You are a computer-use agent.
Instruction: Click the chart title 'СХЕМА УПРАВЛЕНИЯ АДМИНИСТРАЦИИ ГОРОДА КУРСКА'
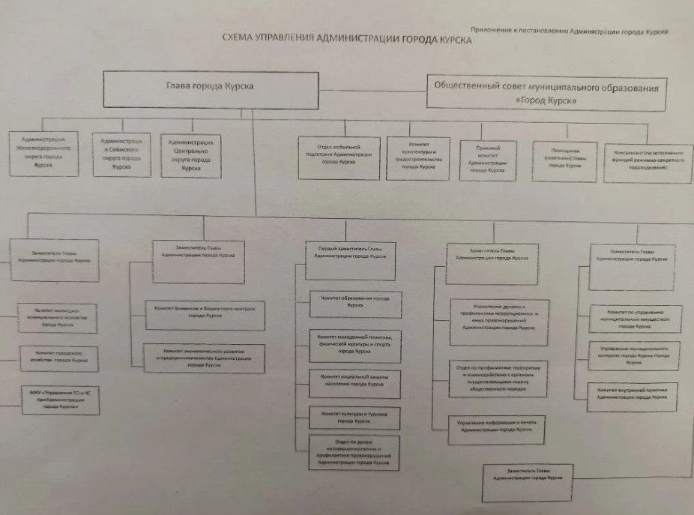347,40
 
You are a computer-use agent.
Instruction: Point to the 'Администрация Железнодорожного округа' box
43,154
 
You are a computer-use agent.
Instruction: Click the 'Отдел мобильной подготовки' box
340,157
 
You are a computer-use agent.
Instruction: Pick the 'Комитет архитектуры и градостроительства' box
418,157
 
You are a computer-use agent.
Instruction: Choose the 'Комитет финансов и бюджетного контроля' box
196,313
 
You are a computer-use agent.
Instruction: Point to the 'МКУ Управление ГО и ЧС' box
56,400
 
